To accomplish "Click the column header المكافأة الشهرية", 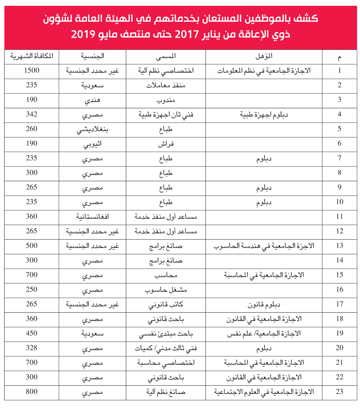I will [32, 56].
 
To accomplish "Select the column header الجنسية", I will [93, 56].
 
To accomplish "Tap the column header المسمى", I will [166, 56].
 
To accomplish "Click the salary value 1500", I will [32, 71].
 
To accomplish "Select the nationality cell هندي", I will [93, 100].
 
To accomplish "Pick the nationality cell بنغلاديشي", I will [93, 129].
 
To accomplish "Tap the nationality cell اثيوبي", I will [93, 143].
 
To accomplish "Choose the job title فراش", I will [166, 143].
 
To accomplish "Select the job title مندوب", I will [166, 100].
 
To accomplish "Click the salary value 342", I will [32, 114].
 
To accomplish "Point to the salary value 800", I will [32, 391].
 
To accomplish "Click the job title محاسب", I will [166, 275].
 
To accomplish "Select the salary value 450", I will [32, 333].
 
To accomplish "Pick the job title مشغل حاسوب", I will [166, 289].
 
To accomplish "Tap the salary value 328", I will [32, 347].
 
